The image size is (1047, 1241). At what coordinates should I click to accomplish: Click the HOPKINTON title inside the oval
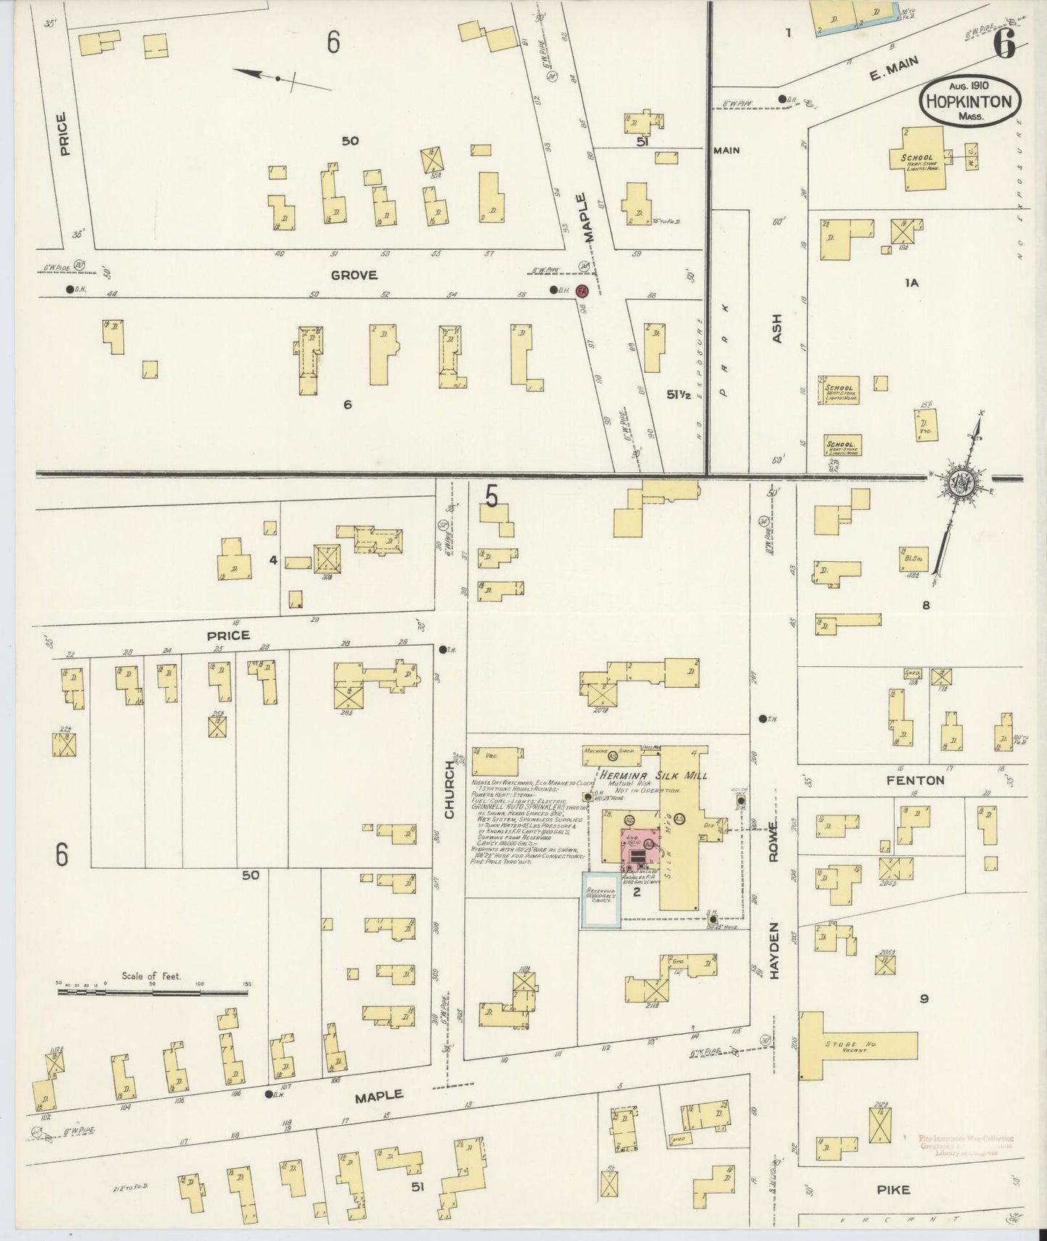click(971, 101)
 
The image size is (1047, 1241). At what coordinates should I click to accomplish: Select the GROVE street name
click(354, 275)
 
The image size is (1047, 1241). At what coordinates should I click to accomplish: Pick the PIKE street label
click(893, 1190)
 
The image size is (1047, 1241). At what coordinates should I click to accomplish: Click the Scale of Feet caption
click(151, 975)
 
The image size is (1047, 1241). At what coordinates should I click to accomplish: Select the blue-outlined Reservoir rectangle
click(601, 899)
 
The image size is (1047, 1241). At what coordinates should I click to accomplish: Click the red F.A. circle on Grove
click(581, 291)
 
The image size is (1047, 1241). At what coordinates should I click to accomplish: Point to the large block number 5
click(492, 498)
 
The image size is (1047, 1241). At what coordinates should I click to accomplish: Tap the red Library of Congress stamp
click(964, 1145)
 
